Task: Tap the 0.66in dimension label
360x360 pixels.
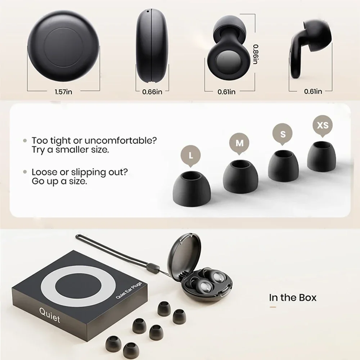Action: [152, 92]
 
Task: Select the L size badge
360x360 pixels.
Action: [190, 156]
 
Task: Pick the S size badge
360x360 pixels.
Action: [283, 134]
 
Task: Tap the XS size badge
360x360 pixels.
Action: [322, 125]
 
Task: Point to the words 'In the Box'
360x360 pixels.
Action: [293, 298]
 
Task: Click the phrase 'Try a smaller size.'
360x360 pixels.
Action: [70, 150]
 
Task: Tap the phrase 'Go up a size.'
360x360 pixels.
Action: [59, 181]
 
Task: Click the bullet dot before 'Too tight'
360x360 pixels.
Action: [25, 140]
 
